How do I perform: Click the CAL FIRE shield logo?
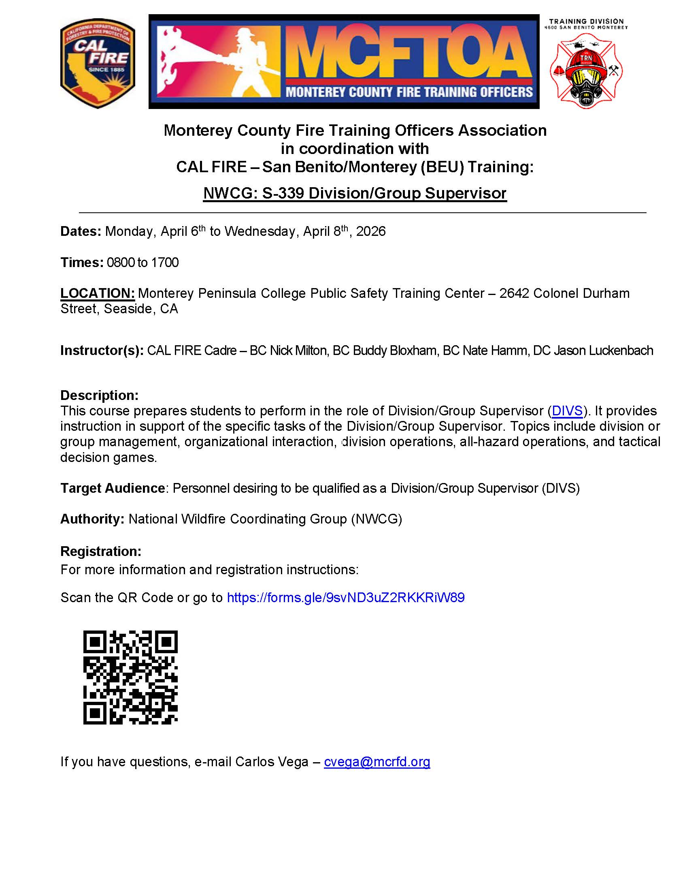(98, 63)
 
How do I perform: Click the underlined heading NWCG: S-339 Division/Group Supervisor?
(355, 193)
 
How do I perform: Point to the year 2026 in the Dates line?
(370, 231)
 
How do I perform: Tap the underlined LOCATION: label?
(98, 293)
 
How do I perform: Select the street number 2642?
(514, 293)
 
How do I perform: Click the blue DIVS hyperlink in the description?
(567, 411)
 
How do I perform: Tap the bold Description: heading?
(100, 395)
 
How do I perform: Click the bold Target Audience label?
(113, 488)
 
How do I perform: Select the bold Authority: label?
(92, 519)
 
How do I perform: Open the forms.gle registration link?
(345, 597)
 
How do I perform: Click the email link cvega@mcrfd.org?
(377, 761)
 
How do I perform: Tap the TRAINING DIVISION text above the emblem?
(586, 21)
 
